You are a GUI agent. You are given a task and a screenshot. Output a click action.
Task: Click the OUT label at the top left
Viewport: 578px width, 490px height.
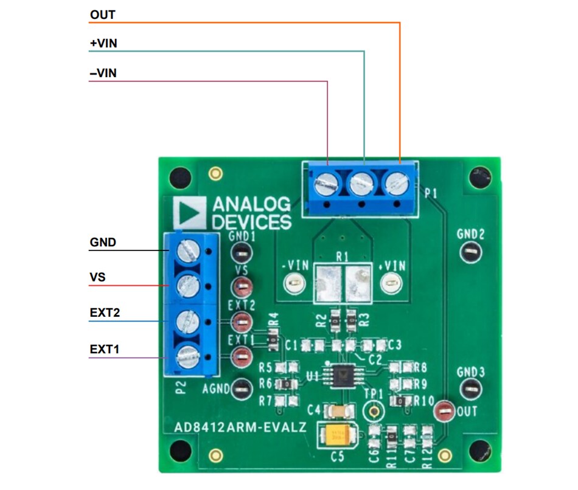(x=102, y=14)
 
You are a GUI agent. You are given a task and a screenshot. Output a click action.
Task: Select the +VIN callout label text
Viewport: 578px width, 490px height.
(x=103, y=44)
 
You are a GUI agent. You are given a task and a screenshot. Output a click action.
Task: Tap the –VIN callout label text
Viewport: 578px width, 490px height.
(x=103, y=74)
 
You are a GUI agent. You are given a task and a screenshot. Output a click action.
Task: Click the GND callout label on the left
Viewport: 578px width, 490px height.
(x=103, y=243)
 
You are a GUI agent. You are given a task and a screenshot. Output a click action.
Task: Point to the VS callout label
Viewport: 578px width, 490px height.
(x=97, y=277)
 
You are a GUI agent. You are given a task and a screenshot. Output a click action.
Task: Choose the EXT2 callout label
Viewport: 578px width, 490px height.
(x=105, y=313)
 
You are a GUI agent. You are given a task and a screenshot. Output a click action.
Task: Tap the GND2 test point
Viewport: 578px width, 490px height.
(x=470, y=252)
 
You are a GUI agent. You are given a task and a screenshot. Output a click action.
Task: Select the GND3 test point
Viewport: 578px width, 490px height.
(x=470, y=388)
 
